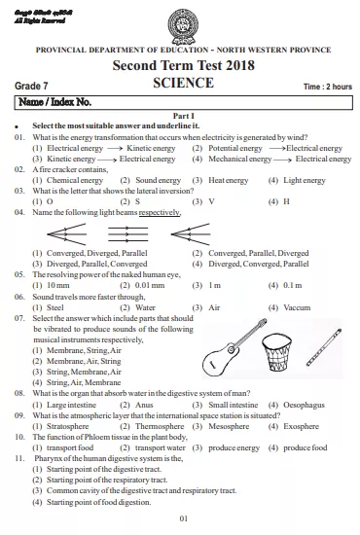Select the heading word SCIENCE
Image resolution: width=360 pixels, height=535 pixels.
[x=183, y=84]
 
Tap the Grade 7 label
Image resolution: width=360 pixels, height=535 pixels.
[x=35, y=87]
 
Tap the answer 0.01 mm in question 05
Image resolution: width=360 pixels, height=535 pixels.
[x=149, y=285]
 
